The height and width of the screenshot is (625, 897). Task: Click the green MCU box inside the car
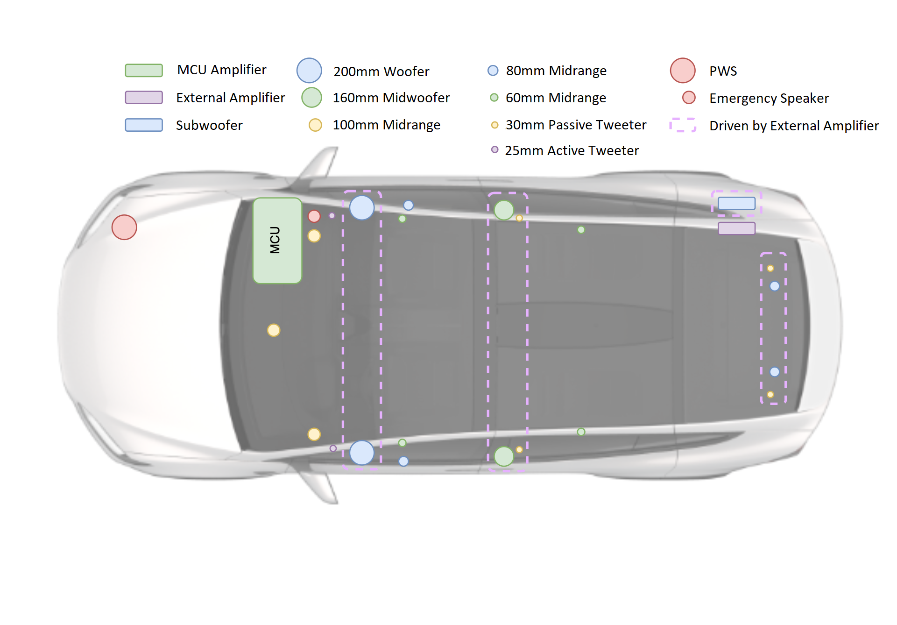pyautogui.click(x=277, y=241)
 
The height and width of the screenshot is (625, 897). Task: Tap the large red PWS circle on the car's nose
pyautogui.click(x=124, y=227)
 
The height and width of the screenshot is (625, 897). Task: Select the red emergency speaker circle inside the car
pyautogui.click(x=314, y=216)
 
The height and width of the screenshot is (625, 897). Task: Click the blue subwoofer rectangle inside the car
pyautogui.click(x=736, y=203)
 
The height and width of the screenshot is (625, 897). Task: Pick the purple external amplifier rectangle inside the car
pyautogui.click(x=736, y=228)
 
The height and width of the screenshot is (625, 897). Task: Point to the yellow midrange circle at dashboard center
pyautogui.click(x=274, y=330)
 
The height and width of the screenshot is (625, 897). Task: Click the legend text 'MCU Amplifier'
pyautogui.click(x=221, y=70)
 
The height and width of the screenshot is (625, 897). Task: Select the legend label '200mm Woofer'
pyautogui.click(x=381, y=71)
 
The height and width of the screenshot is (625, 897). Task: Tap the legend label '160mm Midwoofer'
pyautogui.click(x=391, y=98)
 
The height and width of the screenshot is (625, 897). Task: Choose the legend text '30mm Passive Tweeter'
pyautogui.click(x=576, y=125)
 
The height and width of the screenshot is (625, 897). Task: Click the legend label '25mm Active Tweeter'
pyautogui.click(x=572, y=151)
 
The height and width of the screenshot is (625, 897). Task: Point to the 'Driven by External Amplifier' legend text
pyautogui.click(x=794, y=126)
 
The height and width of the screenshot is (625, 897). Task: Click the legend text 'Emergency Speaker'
pyautogui.click(x=769, y=99)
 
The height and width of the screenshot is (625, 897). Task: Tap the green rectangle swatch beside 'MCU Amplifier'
pyautogui.click(x=144, y=71)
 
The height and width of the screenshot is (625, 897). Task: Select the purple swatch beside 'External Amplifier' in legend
pyautogui.click(x=144, y=98)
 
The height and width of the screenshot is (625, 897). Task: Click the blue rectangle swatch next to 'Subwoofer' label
pyautogui.click(x=144, y=125)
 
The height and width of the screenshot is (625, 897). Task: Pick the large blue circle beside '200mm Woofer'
pyautogui.click(x=309, y=71)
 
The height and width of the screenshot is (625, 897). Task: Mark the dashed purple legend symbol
pyautogui.click(x=683, y=125)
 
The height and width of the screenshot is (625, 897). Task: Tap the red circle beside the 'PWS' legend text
pyautogui.click(x=683, y=71)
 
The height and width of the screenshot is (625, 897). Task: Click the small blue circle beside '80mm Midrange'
pyautogui.click(x=493, y=71)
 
